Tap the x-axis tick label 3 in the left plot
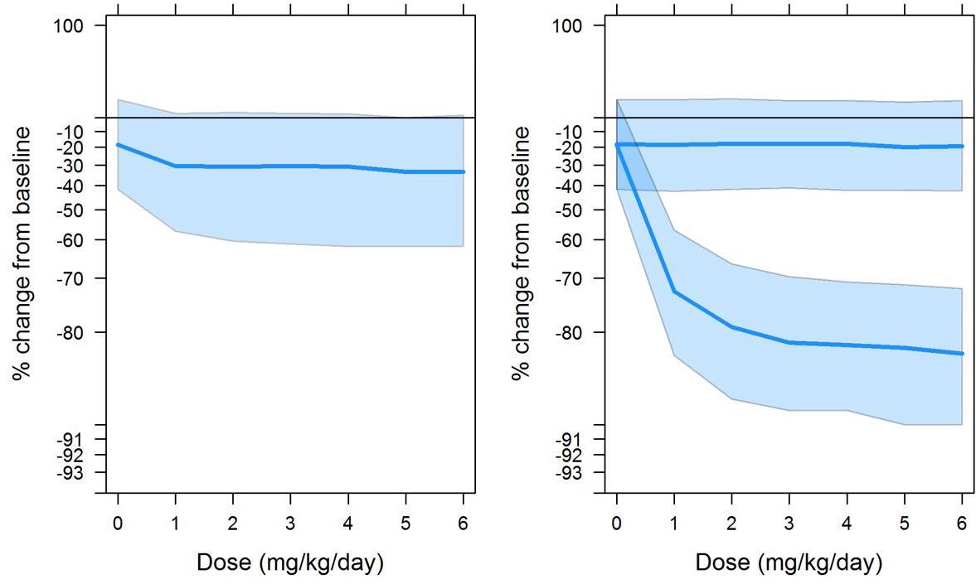click(x=290, y=524)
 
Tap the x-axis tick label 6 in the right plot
click(x=962, y=524)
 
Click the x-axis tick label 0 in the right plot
click(x=617, y=524)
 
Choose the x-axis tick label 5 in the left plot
click(x=405, y=524)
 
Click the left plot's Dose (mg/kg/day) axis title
click(x=290, y=563)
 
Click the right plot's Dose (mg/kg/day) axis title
click(x=789, y=563)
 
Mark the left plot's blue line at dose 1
click(x=175, y=166)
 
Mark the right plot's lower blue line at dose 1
click(x=674, y=292)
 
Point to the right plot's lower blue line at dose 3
click(x=789, y=342)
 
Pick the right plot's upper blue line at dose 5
click(x=905, y=147)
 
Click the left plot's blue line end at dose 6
click(x=463, y=171)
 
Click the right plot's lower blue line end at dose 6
click(x=961, y=354)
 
